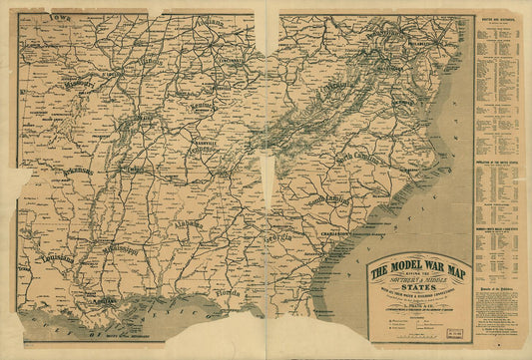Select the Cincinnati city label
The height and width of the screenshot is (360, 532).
tap(232, 62)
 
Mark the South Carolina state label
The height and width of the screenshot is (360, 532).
tap(330, 202)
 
